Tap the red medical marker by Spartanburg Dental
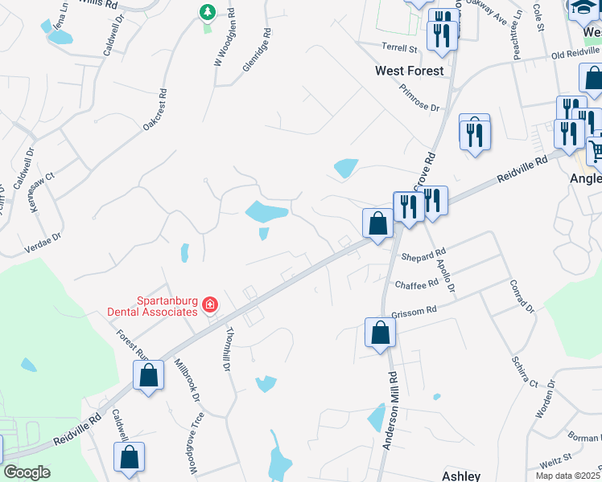coord(210,304)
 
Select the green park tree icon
coord(208,12)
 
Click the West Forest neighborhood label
coord(410,71)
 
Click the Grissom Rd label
coord(414,309)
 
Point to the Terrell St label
coord(401,49)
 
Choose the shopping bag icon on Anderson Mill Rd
coord(380,333)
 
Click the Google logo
coord(26,472)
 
